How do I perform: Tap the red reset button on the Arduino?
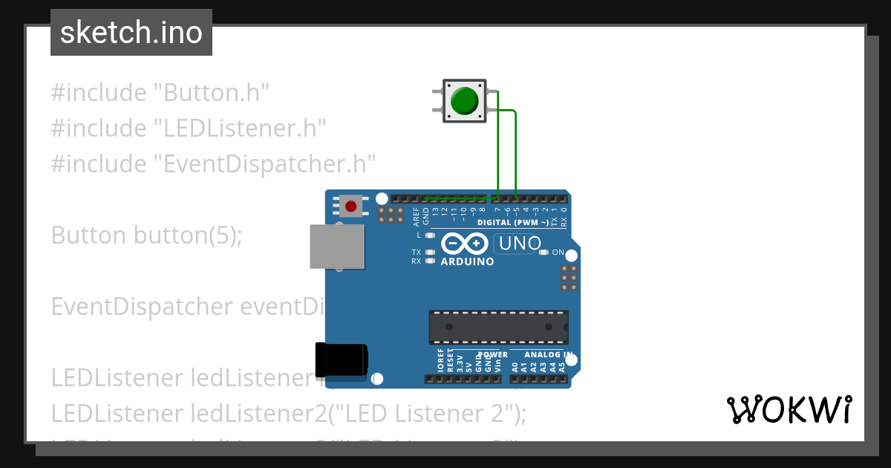pyautogui.click(x=351, y=206)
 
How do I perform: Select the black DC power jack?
pyautogui.click(x=341, y=360)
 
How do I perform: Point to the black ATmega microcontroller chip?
pyautogui.click(x=498, y=327)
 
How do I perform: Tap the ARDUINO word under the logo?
pyautogui.click(x=467, y=261)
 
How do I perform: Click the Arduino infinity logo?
pyautogui.click(x=465, y=243)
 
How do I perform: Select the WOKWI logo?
pyautogui.click(x=789, y=409)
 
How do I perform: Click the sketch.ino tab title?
pyautogui.click(x=131, y=33)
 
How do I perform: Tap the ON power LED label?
pyautogui.click(x=558, y=253)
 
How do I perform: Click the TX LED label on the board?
pyautogui.click(x=417, y=253)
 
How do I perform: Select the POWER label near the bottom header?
pyautogui.click(x=493, y=354)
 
